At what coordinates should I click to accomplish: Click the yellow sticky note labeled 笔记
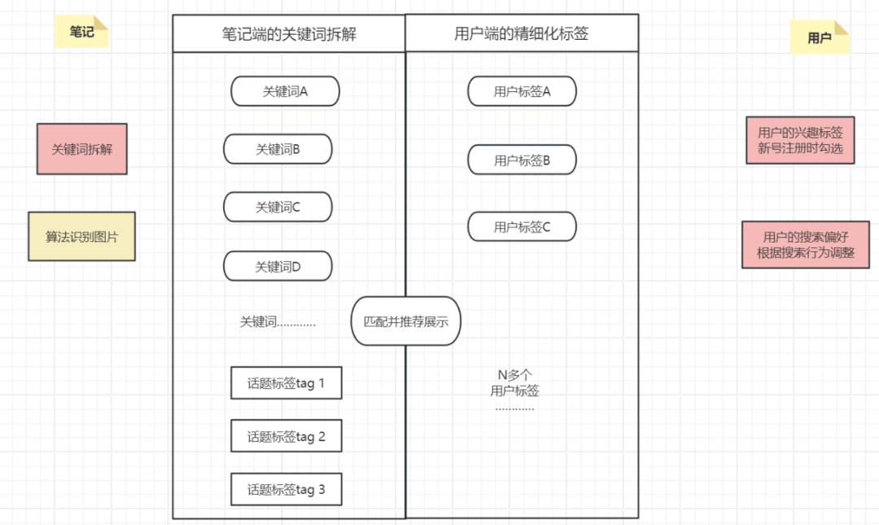[82, 32]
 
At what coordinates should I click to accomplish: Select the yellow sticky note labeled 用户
[820, 37]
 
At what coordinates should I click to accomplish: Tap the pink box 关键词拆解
[82, 149]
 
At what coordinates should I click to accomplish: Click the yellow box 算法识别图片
[82, 237]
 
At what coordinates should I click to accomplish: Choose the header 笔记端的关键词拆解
[289, 33]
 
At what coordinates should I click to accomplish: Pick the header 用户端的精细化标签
[522, 33]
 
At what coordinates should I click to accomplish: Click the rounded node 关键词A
[286, 91]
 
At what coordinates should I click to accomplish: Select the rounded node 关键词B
[278, 149]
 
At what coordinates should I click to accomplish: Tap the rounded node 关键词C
[278, 207]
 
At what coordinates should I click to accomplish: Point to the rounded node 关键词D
[278, 266]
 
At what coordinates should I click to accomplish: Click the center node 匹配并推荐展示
[406, 322]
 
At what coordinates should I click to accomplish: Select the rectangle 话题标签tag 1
[286, 383]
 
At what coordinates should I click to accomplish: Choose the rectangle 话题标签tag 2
[286, 435]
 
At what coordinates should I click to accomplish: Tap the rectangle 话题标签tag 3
[286, 489]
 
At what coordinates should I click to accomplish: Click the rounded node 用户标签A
[522, 91]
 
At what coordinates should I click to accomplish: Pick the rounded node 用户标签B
[522, 160]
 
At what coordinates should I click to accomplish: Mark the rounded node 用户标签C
[522, 226]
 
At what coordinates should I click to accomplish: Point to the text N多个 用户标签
[514, 383]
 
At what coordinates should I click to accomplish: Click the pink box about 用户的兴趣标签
[801, 140]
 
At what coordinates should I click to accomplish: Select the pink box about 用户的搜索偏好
[806, 244]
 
